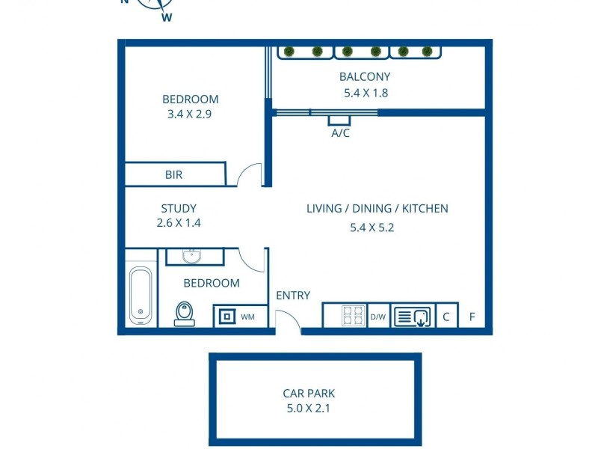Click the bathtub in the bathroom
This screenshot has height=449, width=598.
point(141,295)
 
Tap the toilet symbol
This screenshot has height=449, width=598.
point(185,314)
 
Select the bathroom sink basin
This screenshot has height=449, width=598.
point(192,256)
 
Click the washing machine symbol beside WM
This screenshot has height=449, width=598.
point(227,316)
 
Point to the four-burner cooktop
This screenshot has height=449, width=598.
point(353,316)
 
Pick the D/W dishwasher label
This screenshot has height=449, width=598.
point(378,317)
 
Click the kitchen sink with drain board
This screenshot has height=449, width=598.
point(413,317)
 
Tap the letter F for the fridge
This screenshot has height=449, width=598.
point(472,317)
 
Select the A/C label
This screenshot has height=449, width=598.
point(340,133)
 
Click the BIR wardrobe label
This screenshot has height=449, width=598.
point(173,175)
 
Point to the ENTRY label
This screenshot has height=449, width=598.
point(293,295)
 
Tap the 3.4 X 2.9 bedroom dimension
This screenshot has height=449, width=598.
point(190,114)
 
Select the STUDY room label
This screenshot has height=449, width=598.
point(179,209)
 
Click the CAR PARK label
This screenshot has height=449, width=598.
point(309,394)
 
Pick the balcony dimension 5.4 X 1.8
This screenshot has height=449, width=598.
point(366,93)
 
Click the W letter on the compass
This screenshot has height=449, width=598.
point(167,17)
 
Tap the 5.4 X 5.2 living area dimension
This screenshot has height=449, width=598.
point(372,228)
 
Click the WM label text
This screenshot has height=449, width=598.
point(247,317)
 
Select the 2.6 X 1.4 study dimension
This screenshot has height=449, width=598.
point(179,223)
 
